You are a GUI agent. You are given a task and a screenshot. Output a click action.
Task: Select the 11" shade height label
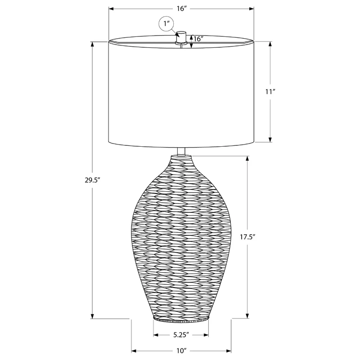[270, 92]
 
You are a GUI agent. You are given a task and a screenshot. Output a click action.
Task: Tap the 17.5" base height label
[248, 237]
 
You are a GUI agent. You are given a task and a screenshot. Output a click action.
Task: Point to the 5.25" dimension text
[181, 334]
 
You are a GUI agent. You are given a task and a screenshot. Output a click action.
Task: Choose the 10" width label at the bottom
[181, 351]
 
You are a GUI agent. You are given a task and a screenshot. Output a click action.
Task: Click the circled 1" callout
[166, 24]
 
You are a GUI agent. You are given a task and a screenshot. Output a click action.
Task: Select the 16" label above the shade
[181, 9]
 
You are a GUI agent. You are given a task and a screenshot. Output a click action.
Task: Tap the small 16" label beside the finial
[199, 39]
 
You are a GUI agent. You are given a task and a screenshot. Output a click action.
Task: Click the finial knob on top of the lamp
[181, 37]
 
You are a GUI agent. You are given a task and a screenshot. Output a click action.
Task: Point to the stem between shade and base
[181, 151]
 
